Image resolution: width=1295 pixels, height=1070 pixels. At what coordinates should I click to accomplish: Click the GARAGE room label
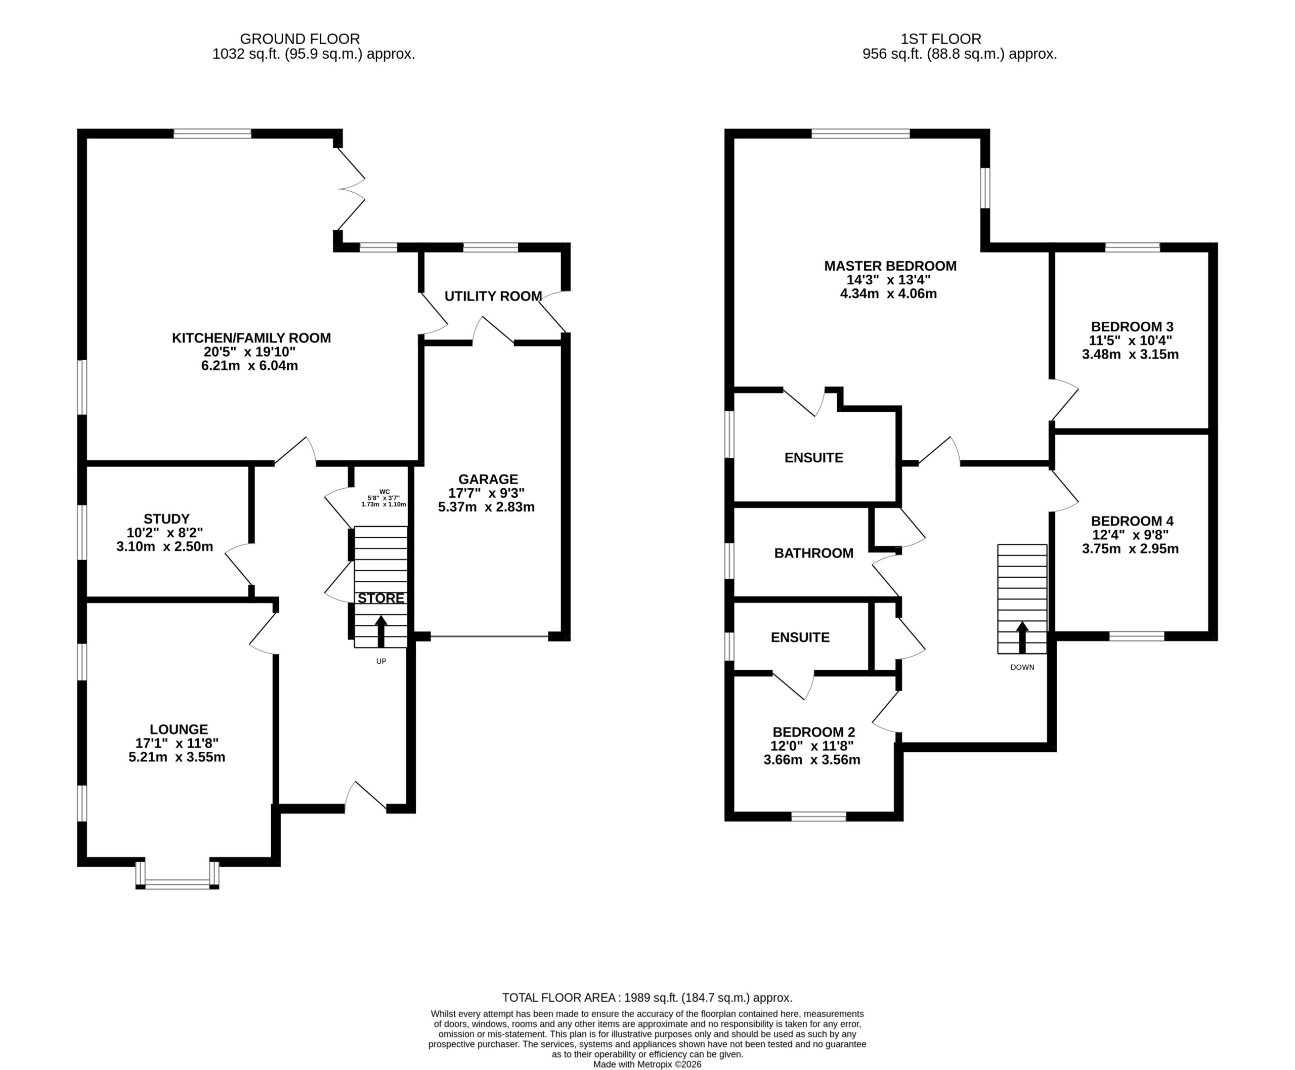pos(488,479)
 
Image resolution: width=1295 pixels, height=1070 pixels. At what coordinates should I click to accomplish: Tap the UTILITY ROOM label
pos(493,296)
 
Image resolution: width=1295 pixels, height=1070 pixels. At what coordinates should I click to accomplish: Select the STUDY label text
pos(166,519)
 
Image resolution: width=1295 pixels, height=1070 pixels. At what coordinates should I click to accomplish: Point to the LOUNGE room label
pos(179,730)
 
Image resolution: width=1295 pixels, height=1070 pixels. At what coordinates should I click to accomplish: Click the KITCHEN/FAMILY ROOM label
pos(251,338)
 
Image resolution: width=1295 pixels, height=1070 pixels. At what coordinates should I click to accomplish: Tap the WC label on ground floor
pos(384,492)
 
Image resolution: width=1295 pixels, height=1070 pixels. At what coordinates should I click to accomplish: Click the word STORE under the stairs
pos(381,598)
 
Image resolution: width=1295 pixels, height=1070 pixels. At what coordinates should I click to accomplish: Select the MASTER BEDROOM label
pos(890,266)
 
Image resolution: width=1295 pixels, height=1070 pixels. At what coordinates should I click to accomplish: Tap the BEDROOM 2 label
pos(813,732)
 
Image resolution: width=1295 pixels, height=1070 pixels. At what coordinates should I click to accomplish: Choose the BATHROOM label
pos(813,553)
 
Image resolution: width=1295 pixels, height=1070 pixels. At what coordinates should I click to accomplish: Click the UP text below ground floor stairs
pos(381,661)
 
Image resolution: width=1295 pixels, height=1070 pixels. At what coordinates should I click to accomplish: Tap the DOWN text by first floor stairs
pos(1022,667)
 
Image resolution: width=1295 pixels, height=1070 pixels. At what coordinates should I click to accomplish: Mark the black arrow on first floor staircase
pos(1022,637)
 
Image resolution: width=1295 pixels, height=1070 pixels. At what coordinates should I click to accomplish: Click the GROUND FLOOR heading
pos(299,39)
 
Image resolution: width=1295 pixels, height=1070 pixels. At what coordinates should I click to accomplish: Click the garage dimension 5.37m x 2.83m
pos(486,507)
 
